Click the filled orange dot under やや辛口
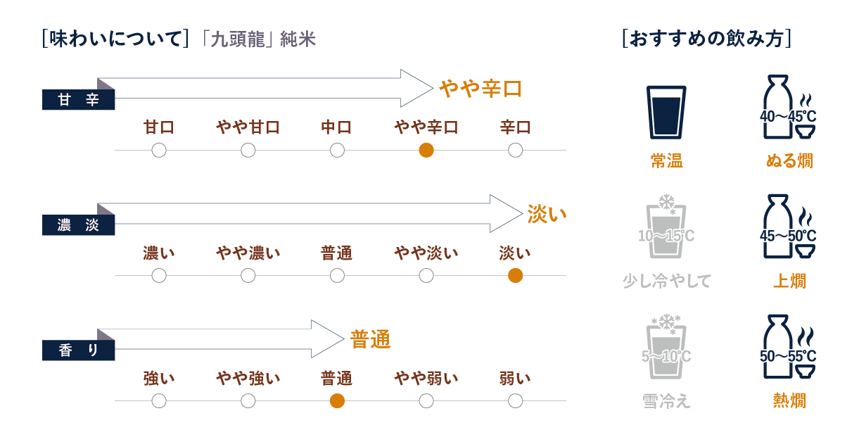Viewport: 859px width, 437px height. tap(426, 150)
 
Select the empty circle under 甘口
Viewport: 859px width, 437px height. tap(159, 150)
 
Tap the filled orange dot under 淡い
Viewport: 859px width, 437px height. tap(515, 275)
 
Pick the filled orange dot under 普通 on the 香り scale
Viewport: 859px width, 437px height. tap(337, 400)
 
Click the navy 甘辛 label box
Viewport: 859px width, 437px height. tap(78, 101)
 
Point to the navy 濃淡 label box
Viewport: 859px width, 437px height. tap(78, 226)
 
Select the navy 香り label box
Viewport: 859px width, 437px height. tap(78, 350)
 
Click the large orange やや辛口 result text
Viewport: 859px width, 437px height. tap(481, 89)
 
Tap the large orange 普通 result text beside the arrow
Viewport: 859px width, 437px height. tap(370, 340)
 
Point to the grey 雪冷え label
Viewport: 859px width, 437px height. tap(666, 401)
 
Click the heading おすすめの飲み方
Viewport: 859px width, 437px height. tap(707, 38)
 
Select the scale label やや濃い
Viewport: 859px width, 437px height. tap(248, 253)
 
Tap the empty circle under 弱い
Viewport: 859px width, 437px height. tap(515, 400)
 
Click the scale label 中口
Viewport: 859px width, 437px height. tap(337, 127)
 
